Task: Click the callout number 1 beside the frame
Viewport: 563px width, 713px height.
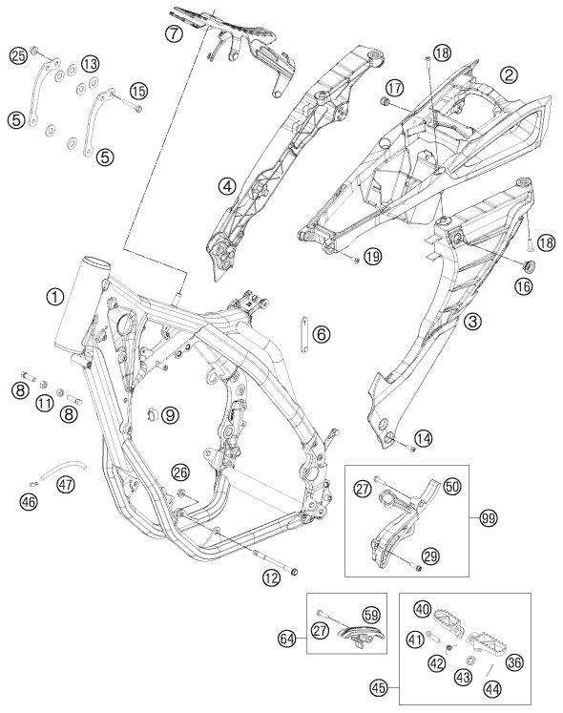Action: coord(55,298)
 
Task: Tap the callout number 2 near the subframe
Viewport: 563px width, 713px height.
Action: coord(509,75)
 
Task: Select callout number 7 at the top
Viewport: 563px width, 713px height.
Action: coord(174,33)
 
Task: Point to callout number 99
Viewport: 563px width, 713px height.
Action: coord(489,518)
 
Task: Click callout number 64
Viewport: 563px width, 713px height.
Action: coord(287,639)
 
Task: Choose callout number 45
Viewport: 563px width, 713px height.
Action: coord(379,687)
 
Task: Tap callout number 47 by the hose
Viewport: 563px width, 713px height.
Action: coord(66,484)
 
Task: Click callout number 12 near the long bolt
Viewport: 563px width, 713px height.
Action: coord(271,578)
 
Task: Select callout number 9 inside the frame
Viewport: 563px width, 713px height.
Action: coord(170,414)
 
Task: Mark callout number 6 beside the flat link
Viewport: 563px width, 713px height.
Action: coord(322,335)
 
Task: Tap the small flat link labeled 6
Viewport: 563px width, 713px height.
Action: coord(303,334)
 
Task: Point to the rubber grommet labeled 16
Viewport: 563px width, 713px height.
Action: coord(529,265)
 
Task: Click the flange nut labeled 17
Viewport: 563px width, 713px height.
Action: coord(386,101)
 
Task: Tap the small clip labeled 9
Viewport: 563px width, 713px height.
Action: coord(153,414)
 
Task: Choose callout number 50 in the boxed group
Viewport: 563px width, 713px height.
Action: coord(451,487)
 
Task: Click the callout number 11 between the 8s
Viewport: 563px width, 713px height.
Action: coord(45,403)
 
